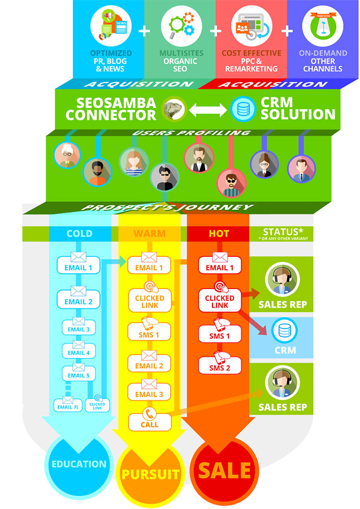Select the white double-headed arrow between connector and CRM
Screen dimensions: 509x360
(207, 109)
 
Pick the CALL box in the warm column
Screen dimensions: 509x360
(150, 422)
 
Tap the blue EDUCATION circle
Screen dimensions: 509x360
(79, 464)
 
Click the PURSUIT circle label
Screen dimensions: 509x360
(150, 474)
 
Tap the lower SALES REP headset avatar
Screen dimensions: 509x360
(283, 382)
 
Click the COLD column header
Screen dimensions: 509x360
(80, 234)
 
